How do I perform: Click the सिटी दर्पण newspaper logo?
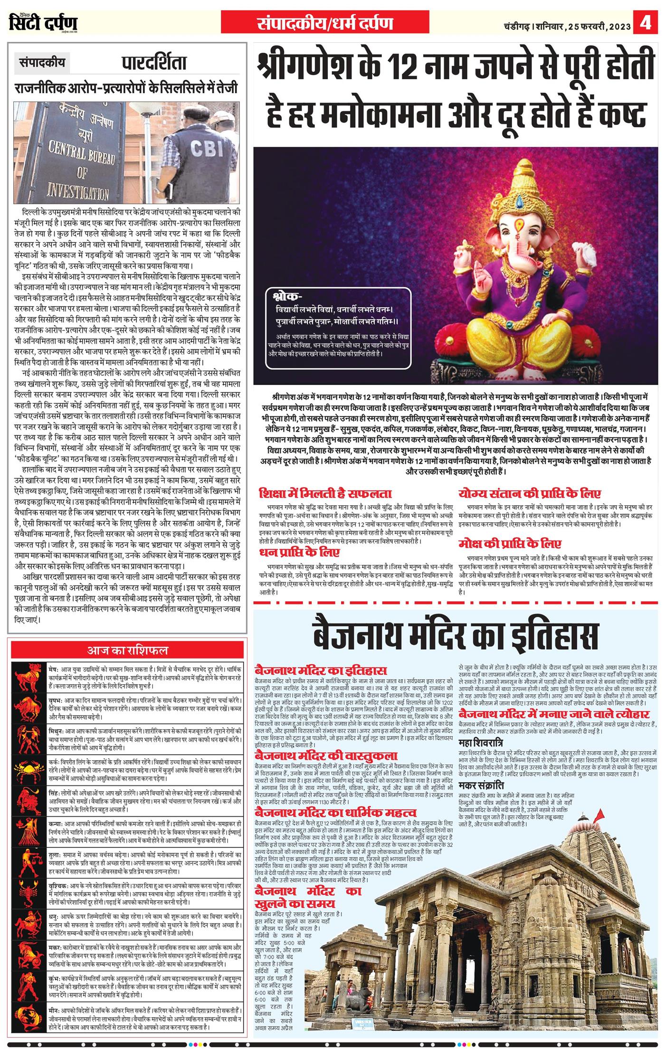pos(43,22)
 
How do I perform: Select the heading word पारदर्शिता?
pos(153,63)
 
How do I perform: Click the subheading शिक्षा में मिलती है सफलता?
pos(325,493)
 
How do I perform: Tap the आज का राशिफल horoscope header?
pos(127,650)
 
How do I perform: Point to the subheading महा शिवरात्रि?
pos(481,742)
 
